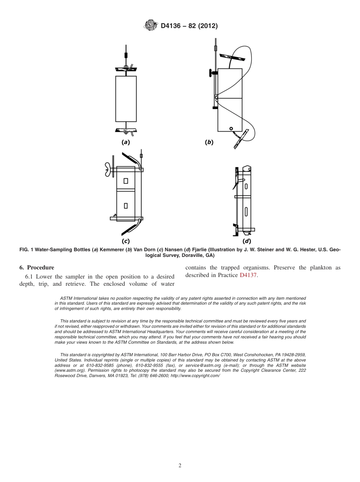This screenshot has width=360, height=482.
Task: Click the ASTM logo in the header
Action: pyautogui.click(x=150, y=26)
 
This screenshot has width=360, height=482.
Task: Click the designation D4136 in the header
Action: pyautogui.click(x=174, y=26)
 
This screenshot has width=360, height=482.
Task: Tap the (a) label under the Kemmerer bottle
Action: pyautogui.click(x=125, y=142)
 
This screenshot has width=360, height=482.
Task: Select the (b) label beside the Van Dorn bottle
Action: pyautogui.click(x=209, y=142)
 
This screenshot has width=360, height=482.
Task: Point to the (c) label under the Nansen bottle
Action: pyautogui.click(x=125, y=240)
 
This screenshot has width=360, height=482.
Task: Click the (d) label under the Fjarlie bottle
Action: pyautogui.click(x=247, y=241)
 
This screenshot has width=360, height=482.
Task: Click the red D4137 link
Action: pyautogui.click(x=248, y=275)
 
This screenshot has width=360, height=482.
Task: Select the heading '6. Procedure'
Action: pyautogui.click(x=37, y=268)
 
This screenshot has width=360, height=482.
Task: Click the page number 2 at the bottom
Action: pyautogui.click(x=180, y=466)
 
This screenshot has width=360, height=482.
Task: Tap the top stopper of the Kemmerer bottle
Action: pyautogui.click(x=125, y=69)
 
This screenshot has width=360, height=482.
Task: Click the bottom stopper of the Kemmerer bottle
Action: pyautogui.click(x=125, y=130)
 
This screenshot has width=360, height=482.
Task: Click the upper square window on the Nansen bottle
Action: pyautogui.click(x=125, y=181)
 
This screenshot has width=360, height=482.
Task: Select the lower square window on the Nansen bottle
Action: pyautogui.click(x=125, y=206)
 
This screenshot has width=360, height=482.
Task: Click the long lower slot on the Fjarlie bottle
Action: pyautogui.click(x=246, y=211)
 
